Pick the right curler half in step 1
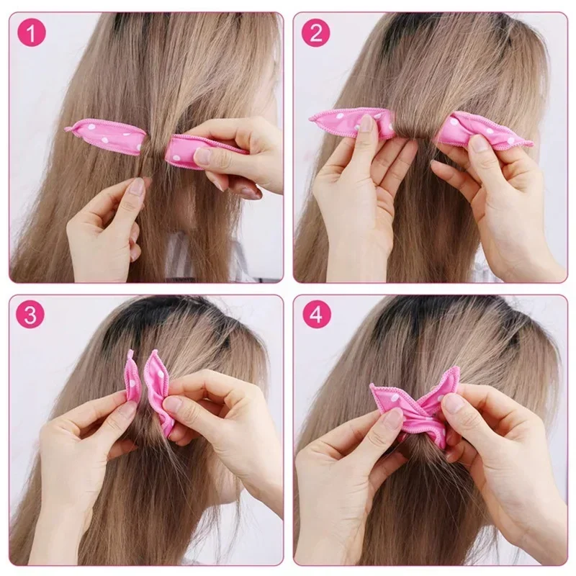point(194,150)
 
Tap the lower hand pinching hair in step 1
point(108,223)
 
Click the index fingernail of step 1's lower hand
point(137,189)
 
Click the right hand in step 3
point(216,418)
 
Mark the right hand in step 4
point(497,446)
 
